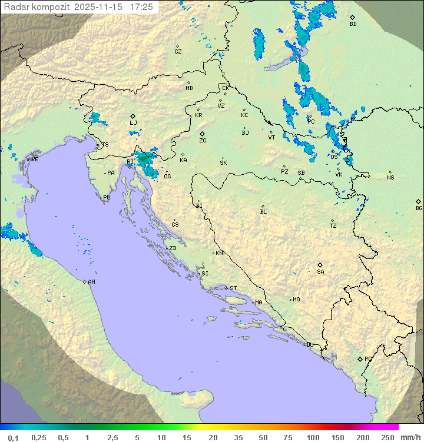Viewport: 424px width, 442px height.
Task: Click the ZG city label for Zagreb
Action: (203, 141)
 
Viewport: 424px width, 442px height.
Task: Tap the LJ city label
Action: (133, 122)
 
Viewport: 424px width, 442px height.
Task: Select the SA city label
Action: (320, 271)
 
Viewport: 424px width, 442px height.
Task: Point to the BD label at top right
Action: (353, 24)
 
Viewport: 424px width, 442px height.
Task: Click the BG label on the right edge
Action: (419, 208)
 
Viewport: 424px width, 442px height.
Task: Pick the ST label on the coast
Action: (233, 288)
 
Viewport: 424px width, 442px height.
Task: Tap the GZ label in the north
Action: (178, 51)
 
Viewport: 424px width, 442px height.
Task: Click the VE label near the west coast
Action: (35, 159)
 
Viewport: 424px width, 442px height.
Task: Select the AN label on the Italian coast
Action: (91, 282)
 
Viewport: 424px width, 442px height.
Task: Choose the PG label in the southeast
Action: (368, 358)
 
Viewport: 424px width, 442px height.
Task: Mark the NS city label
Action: (390, 177)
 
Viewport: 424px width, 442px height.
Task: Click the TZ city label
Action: (333, 225)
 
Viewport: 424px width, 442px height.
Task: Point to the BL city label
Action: (263, 211)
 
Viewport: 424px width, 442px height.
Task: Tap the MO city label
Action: (296, 299)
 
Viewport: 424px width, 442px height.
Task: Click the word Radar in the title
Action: (15, 7)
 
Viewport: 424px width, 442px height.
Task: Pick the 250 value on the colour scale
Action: (387, 437)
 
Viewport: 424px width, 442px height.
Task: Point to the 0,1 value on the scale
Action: (13, 437)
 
